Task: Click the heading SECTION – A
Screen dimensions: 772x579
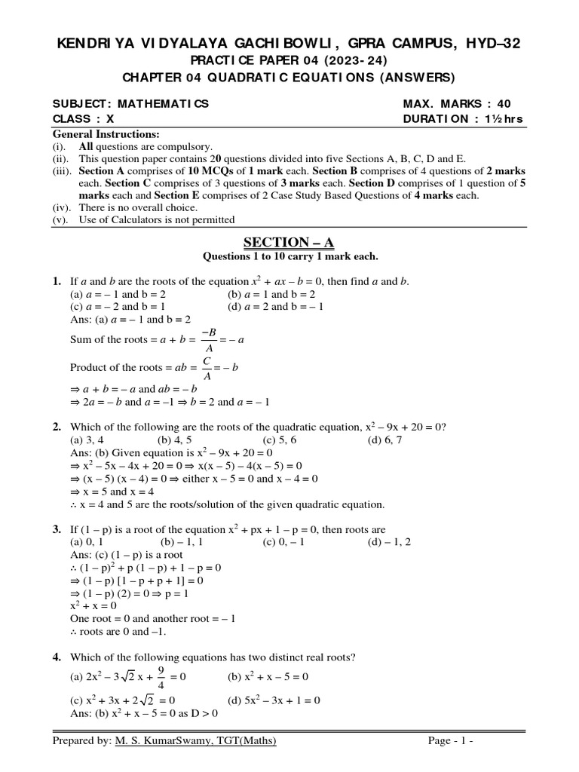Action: point(289,241)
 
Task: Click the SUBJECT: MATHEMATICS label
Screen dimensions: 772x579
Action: point(130,104)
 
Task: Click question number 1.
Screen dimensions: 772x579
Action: point(57,281)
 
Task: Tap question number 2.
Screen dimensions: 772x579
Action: point(57,427)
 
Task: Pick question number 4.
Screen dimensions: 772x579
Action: point(57,657)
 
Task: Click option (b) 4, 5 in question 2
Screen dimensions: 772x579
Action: point(174,440)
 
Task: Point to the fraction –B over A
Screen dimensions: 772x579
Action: point(204,340)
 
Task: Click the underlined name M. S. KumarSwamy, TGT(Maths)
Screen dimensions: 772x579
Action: point(195,742)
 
